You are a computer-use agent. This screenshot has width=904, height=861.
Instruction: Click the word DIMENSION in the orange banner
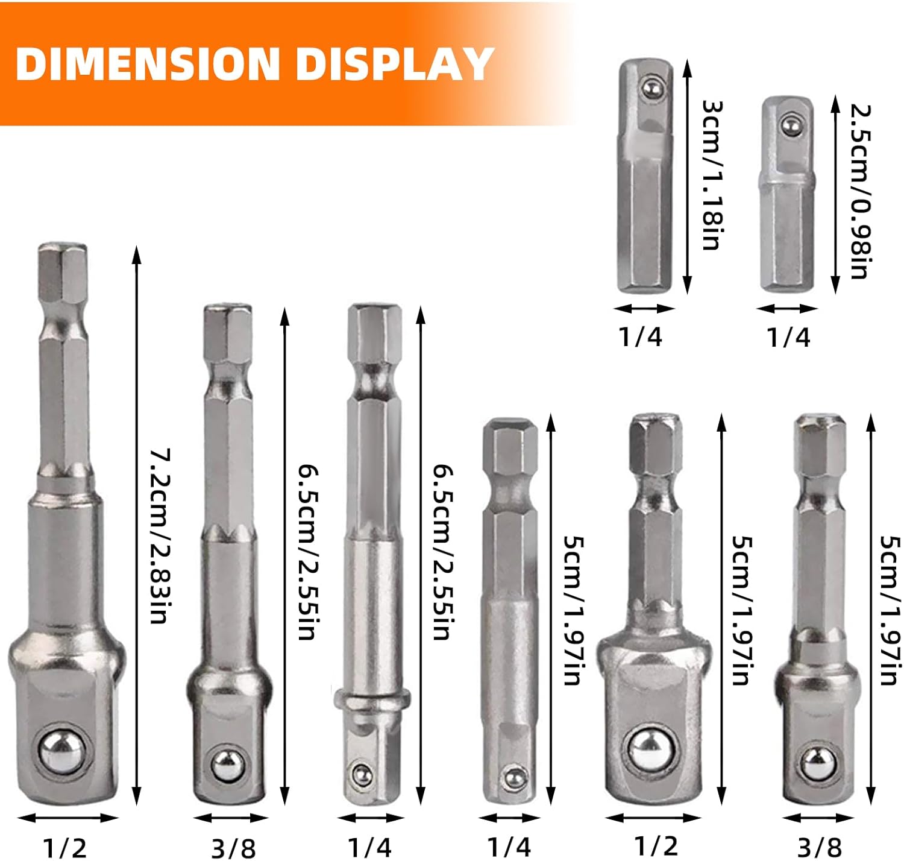(148, 64)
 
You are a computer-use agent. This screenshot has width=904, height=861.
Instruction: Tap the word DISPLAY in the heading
(395, 64)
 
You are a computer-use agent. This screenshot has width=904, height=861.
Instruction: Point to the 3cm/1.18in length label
(712, 175)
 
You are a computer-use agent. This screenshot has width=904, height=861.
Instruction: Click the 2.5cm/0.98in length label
(860, 192)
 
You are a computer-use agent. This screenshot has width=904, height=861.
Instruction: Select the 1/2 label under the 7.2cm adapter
(64, 847)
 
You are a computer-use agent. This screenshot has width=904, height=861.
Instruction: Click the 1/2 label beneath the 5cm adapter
(656, 845)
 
